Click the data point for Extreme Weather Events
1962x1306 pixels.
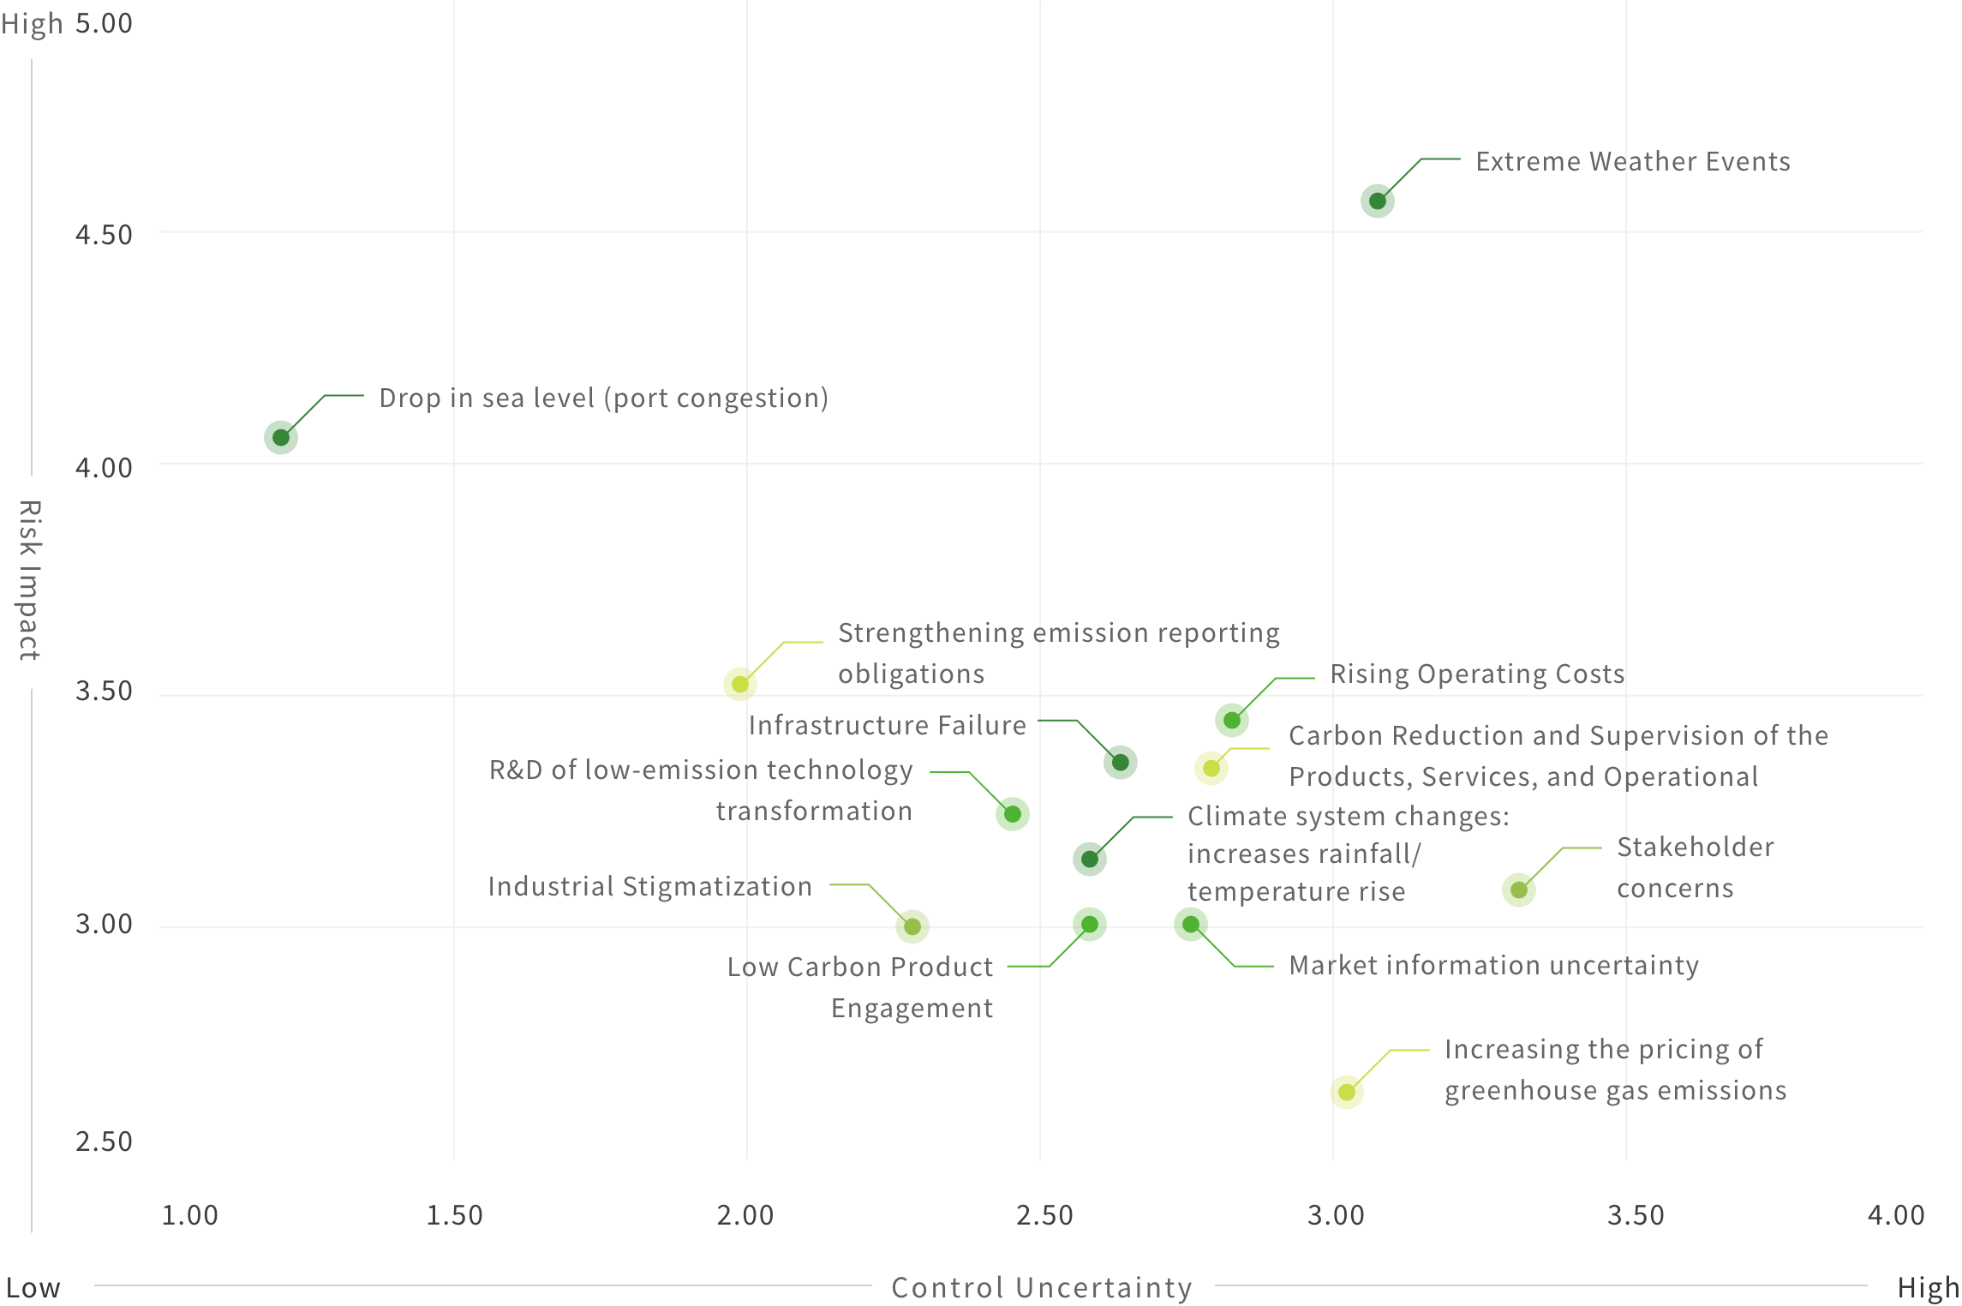tap(1377, 201)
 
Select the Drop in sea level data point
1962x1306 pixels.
tap(280, 438)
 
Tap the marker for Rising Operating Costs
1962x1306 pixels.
tap(1231, 721)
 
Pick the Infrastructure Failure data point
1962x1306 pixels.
tap(1120, 762)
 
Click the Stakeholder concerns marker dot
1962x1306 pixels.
tap(1518, 890)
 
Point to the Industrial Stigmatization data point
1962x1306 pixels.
tap(912, 926)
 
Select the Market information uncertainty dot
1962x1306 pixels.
tap(1190, 924)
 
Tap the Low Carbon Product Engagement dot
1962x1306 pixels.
tap(1089, 924)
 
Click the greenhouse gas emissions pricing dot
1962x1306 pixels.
tap(1346, 1092)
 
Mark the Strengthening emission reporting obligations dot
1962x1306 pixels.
tap(739, 684)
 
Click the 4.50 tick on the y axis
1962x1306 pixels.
tap(104, 235)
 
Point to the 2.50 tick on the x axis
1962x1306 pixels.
tap(1044, 1215)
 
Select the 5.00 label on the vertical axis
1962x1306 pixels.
tap(104, 23)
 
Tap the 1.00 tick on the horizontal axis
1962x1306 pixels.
tap(189, 1215)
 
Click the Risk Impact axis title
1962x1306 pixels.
tap(30, 580)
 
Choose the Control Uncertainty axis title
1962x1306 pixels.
tap(1042, 1288)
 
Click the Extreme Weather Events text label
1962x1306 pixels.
tap(1632, 162)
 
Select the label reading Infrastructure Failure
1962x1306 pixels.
tap(887, 726)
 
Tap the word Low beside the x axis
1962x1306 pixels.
tap(33, 1288)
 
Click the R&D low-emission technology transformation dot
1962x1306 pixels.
tap(1012, 813)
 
